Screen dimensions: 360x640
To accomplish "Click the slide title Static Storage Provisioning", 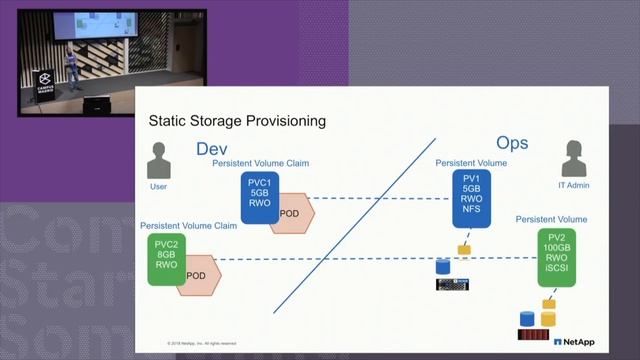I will click(237, 121).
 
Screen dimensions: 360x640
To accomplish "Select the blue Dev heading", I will click(212, 150).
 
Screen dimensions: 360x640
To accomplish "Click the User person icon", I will click(158, 161).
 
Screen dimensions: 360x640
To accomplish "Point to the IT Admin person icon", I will click(573, 159).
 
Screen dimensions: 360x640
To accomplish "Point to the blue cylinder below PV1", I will click(444, 267).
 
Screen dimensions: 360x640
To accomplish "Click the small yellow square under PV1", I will click(464, 249).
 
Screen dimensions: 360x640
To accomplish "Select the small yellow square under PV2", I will click(548, 303).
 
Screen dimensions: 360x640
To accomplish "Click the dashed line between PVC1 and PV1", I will click(380, 198).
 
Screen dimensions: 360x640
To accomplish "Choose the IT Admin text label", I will click(573, 186).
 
